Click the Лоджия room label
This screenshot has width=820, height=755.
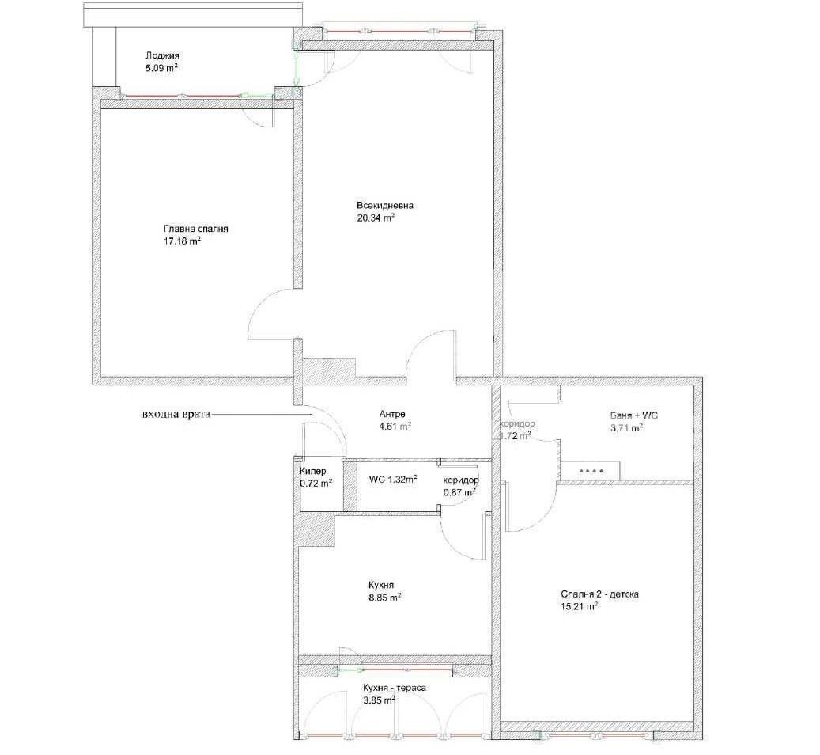(x=162, y=55)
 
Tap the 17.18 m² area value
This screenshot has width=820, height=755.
(x=183, y=241)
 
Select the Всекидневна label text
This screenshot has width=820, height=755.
(x=385, y=205)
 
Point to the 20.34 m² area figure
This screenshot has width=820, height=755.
(x=376, y=218)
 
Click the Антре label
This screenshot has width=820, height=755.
(x=392, y=414)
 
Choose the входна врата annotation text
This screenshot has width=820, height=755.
(x=176, y=414)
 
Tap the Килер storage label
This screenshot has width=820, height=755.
(x=313, y=471)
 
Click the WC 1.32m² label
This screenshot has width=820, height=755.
(x=393, y=479)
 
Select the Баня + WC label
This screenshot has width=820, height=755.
(x=634, y=415)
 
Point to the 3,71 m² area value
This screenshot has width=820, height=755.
(x=626, y=428)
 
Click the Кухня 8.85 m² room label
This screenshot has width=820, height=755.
(x=384, y=591)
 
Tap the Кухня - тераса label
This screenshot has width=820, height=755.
(x=395, y=688)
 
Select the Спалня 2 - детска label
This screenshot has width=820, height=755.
(x=600, y=594)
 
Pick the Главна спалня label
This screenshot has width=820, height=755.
(x=196, y=229)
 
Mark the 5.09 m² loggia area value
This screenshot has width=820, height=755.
(x=162, y=67)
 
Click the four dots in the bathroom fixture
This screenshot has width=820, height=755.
(x=591, y=471)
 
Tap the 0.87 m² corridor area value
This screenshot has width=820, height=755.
(x=459, y=491)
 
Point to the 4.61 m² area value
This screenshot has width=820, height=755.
(x=395, y=427)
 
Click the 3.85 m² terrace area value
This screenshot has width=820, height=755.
(x=379, y=700)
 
